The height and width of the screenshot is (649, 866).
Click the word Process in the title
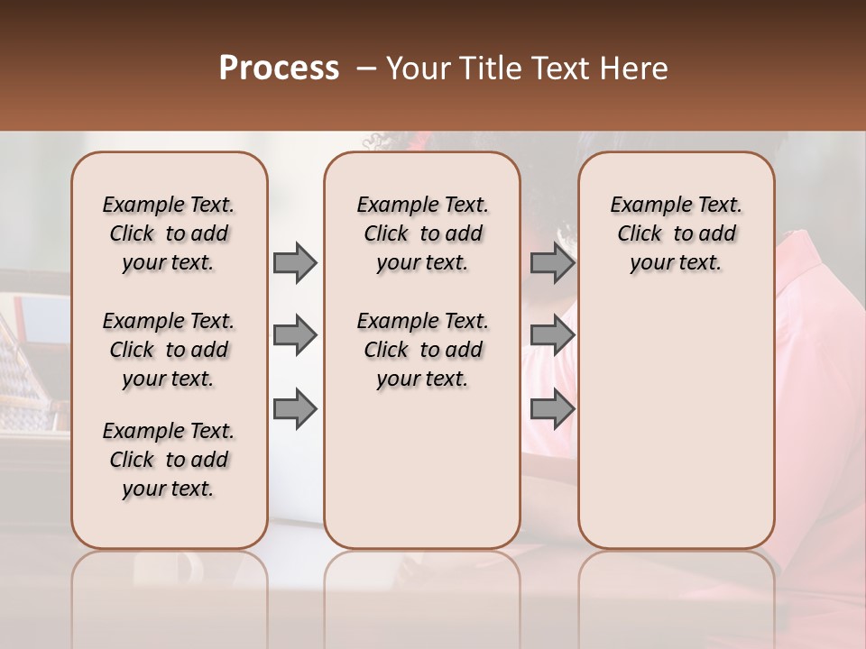[x=279, y=69]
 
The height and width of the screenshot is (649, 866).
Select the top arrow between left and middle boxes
[x=295, y=263]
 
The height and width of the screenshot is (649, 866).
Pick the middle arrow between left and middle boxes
[x=295, y=336]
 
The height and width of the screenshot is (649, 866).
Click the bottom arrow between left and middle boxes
[x=295, y=409]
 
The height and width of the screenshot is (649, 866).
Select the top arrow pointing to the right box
[x=552, y=263]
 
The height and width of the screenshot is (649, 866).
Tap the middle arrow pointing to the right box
[x=552, y=336]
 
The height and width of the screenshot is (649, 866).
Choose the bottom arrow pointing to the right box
[x=552, y=409]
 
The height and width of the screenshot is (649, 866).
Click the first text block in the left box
[x=169, y=233]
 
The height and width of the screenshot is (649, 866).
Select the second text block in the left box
[x=169, y=350]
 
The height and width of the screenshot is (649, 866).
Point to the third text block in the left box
[x=169, y=460]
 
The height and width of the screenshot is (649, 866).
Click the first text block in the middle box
[x=422, y=233]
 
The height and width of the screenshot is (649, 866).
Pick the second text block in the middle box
[x=422, y=350]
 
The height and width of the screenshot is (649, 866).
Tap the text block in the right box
[x=677, y=233]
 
